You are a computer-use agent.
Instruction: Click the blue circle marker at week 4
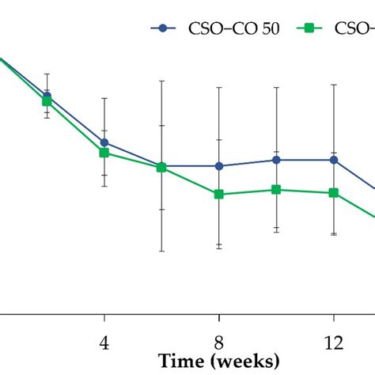tap(104, 143)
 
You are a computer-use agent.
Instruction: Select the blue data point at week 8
tap(219, 166)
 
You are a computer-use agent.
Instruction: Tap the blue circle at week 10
tap(276, 160)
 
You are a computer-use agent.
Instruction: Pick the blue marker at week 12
tap(334, 160)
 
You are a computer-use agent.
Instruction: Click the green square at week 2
tap(47, 101)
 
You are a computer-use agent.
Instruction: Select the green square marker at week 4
tap(104, 153)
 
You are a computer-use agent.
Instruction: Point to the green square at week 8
tap(219, 194)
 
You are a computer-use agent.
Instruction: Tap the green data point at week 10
tap(276, 190)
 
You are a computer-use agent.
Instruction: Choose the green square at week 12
tap(334, 193)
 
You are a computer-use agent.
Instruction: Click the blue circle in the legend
tap(164, 28)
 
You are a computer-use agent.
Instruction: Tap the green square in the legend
tap(310, 28)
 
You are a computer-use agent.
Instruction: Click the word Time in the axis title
tap(181, 362)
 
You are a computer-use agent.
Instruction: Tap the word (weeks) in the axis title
tap(243, 362)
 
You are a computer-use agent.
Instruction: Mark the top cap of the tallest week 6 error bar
tap(161, 81)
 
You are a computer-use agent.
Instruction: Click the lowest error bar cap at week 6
tap(161, 252)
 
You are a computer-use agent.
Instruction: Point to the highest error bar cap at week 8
tap(219, 87)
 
